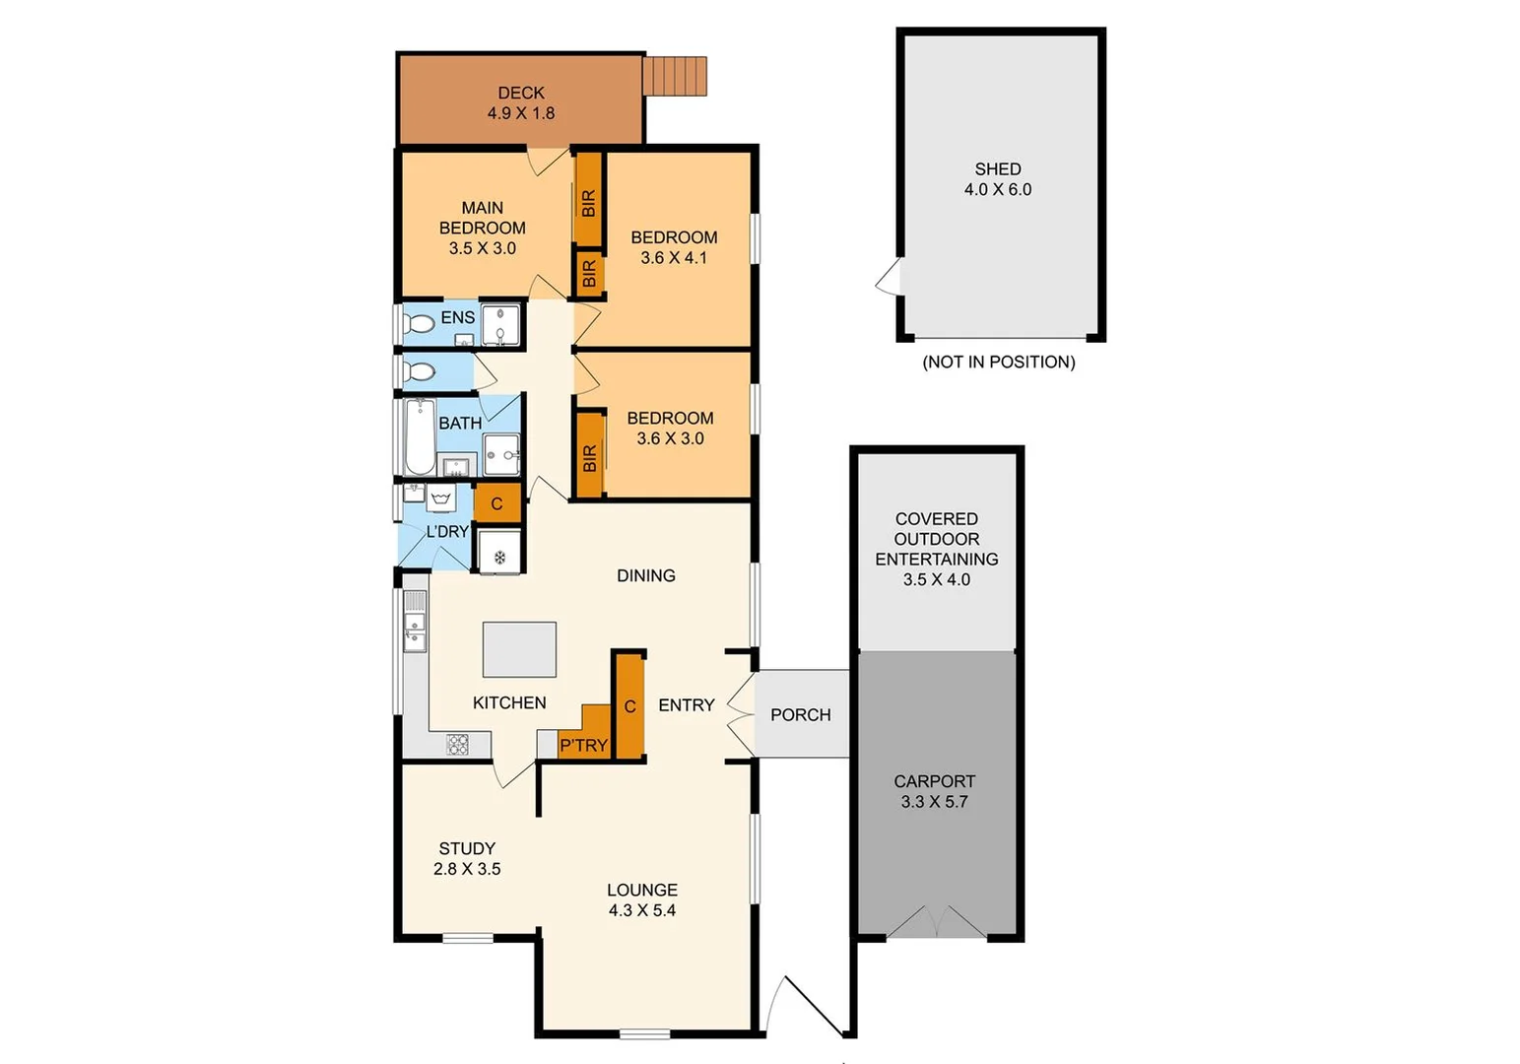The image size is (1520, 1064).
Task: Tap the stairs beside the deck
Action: click(675, 76)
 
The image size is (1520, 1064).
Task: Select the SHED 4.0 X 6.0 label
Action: click(998, 179)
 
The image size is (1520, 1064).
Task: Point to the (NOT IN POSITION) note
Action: click(998, 362)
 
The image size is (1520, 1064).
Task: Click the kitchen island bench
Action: click(519, 649)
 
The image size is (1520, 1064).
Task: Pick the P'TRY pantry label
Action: click(583, 745)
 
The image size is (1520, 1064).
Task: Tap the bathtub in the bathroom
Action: click(420, 436)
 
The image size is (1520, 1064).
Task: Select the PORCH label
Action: click(800, 714)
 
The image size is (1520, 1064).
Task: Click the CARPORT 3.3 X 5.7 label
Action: click(934, 791)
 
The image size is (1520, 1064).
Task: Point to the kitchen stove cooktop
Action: click(458, 745)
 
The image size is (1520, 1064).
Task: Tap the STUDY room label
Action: click(467, 858)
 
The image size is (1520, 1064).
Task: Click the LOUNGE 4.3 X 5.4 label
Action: click(641, 899)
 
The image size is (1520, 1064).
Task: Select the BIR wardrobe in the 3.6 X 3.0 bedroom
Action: click(589, 455)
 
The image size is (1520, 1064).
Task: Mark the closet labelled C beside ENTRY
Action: click(629, 705)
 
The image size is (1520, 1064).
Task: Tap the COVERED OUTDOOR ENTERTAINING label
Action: click(936, 549)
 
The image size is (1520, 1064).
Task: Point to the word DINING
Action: click(645, 575)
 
